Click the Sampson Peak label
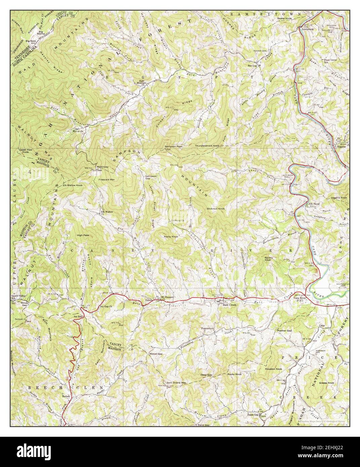pyautogui.click(x=173, y=146)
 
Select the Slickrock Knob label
pyautogui.click(x=216, y=209)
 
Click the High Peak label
pyautogui.click(x=82, y=235)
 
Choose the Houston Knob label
pyautogui.click(x=273, y=369)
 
